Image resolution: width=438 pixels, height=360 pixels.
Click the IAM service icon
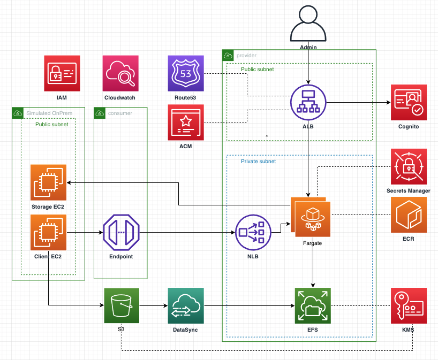[62, 73]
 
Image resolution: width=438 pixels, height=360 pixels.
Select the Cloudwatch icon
[120, 73]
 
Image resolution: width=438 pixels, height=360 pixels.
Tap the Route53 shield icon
[186, 73]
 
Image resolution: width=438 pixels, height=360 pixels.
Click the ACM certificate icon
[186, 122]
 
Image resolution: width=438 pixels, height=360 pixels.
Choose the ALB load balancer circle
[308, 103]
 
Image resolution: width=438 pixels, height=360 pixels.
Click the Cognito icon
[408, 103]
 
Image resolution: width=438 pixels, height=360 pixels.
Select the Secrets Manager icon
[408, 166]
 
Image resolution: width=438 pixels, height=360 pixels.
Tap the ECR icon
[408, 215]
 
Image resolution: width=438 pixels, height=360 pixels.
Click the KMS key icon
[408, 305]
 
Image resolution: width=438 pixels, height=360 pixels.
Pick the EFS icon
[313, 305]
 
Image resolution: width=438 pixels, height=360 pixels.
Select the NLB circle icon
[253, 233]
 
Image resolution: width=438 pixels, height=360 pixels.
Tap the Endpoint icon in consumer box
[120, 233]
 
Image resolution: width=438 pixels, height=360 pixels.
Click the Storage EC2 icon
[49, 182]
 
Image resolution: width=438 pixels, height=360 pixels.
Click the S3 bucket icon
[122, 305]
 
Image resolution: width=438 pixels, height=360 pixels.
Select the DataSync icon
[186, 305]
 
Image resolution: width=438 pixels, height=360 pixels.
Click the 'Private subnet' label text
[258, 161]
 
